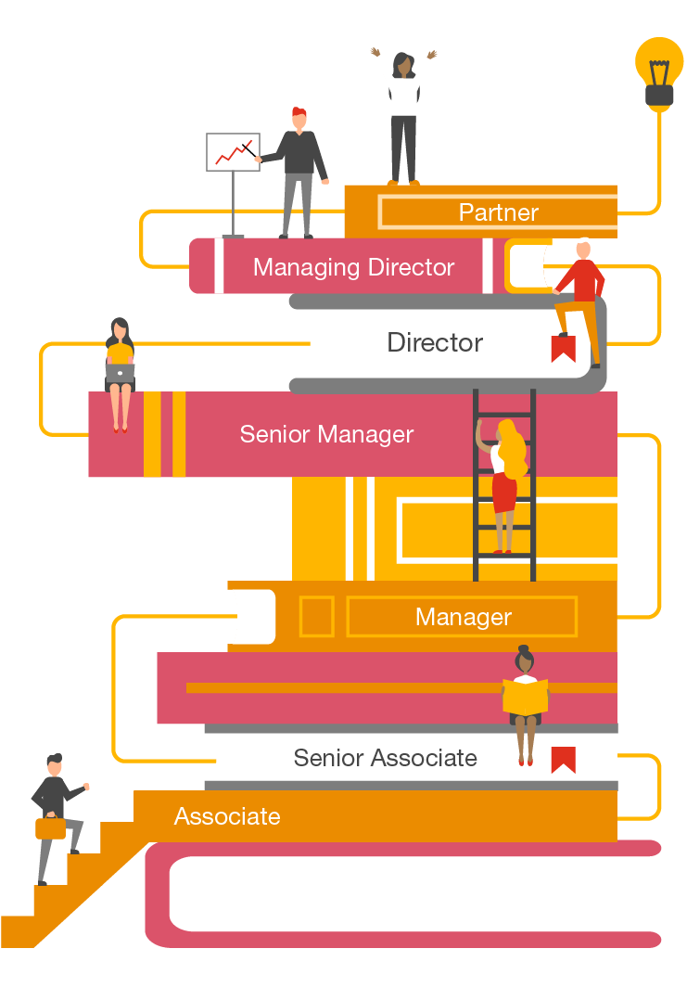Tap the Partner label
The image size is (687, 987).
(x=498, y=212)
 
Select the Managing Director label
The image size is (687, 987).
(x=353, y=267)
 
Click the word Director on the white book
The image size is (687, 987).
(x=435, y=342)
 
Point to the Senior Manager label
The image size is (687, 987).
(x=326, y=434)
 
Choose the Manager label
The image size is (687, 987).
(x=463, y=617)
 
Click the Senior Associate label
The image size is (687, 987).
(x=385, y=758)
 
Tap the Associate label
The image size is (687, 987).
(x=227, y=816)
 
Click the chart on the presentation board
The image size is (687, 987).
(x=232, y=152)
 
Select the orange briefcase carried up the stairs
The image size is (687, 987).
(x=50, y=827)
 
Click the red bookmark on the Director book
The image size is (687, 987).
(x=563, y=348)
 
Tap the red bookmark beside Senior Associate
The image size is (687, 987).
(x=563, y=759)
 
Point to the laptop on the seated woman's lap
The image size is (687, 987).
(x=121, y=372)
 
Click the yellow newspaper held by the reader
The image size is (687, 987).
(x=525, y=697)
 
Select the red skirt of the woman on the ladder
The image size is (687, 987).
(x=503, y=493)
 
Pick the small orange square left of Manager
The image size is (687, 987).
(x=316, y=617)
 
